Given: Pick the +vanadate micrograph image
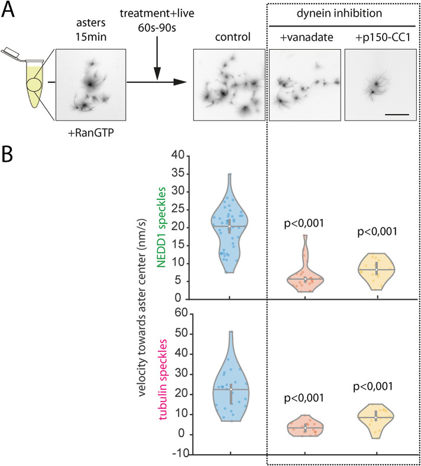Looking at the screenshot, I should [x=304, y=82].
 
